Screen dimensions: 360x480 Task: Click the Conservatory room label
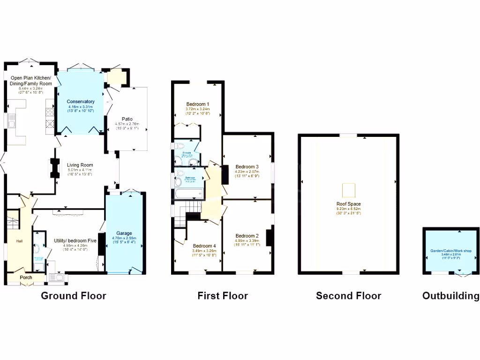tap(81, 102)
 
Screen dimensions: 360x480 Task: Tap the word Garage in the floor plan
tap(124, 233)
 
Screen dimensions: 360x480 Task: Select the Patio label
tap(127, 119)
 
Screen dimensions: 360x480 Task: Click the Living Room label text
tap(80, 165)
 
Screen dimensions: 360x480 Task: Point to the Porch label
tap(26, 277)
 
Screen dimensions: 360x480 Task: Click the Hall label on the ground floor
tap(19, 241)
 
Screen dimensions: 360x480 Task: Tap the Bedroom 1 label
tap(197, 104)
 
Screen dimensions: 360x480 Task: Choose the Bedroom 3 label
tap(247, 167)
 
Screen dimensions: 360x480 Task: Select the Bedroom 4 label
tap(204, 246)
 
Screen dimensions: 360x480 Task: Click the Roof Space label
tap(348, 204)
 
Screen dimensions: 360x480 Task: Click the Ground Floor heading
tap(74, 296)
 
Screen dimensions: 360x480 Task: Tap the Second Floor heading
tap(348, 296)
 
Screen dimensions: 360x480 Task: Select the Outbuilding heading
tap(450, 296)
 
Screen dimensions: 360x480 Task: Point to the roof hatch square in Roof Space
tap(348, 190)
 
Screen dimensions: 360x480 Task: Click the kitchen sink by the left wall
tap(11, 124)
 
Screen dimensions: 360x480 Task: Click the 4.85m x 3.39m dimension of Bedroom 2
tap(247, 241)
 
